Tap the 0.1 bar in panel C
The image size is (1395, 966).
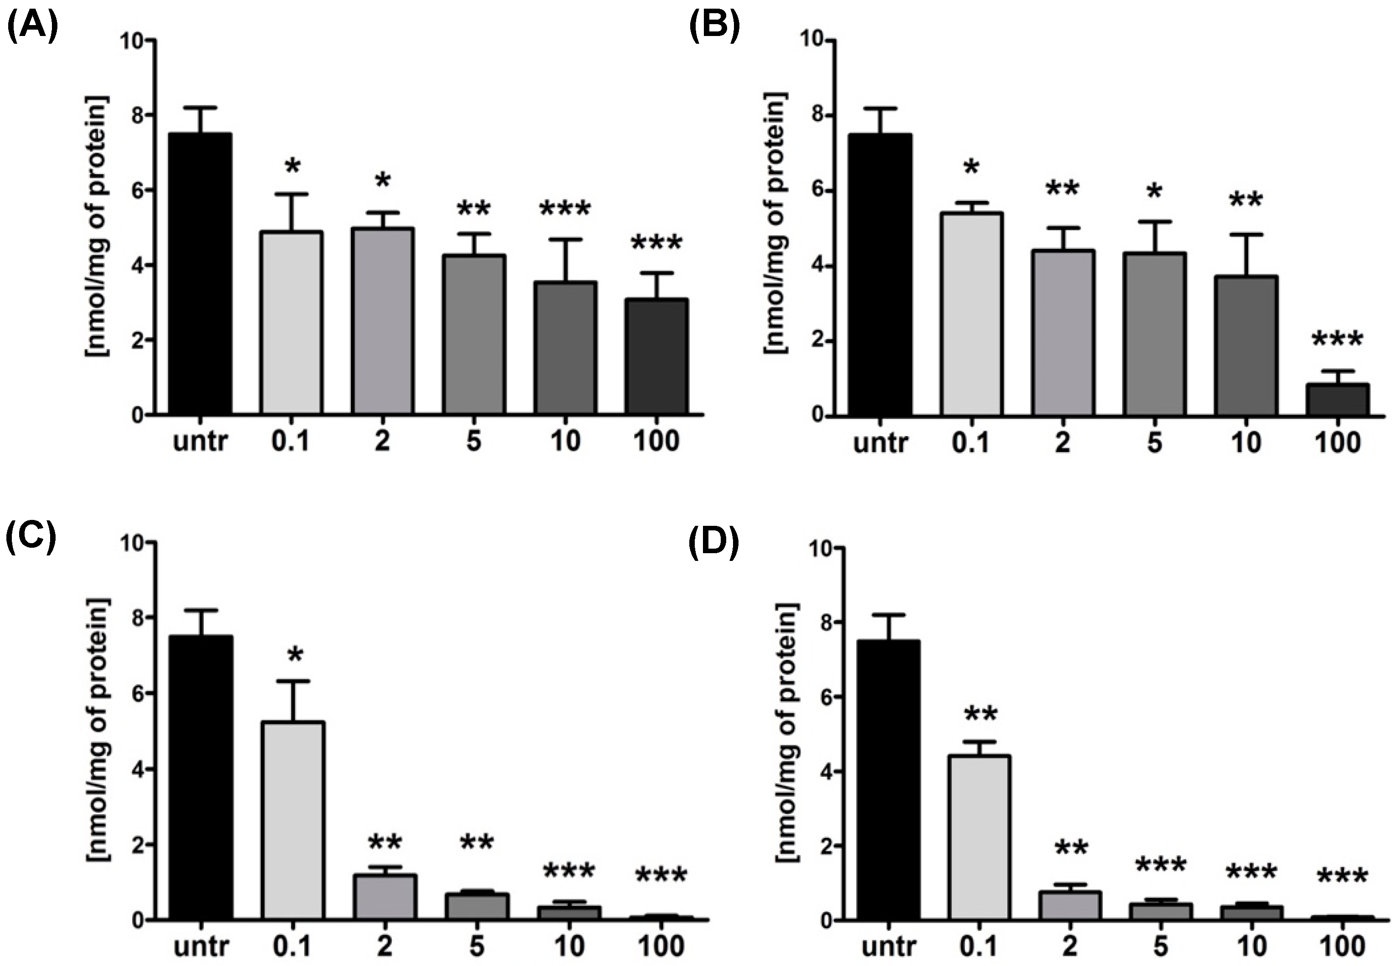pos(293,821)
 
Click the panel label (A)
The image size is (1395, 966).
pos(31,27)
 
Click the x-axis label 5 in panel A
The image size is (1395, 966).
pos(473,441)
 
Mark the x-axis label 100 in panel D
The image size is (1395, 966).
pos(1342,946)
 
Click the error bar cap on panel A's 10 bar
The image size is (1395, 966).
pos(565,240)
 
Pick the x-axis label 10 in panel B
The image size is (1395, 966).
pos(1246,442)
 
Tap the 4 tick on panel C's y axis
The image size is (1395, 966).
pos(136,769)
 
